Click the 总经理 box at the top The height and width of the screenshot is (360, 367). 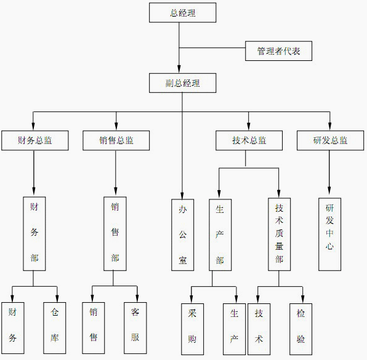point(182,13)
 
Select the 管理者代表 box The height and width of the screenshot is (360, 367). point(278,51)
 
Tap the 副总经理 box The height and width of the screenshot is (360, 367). point(182,83)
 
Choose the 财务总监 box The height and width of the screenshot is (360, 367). point(35,140)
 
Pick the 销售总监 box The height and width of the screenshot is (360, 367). point(116,140)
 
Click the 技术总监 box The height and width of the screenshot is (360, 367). point(249,140)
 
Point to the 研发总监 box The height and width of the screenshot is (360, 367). point(330,140)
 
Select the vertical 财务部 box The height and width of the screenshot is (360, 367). point(34,234)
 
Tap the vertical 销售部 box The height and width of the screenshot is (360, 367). point(115,234)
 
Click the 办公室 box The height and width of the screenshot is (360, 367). point(182,235)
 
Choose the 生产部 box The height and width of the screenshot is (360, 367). point(220,235)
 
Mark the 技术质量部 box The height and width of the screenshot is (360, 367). point(279,234)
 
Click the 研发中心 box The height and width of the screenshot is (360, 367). point(329,234)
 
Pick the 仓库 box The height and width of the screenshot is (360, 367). point(55,328)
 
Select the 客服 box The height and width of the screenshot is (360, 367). point(135,328)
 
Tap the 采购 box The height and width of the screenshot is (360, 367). point(192,329)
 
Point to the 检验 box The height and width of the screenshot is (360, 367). point(300,329)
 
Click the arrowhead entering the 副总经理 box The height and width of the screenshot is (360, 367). point(179,70)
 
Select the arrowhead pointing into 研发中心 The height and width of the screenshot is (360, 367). point(329,190)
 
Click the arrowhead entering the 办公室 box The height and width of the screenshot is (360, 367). point(182,196)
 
